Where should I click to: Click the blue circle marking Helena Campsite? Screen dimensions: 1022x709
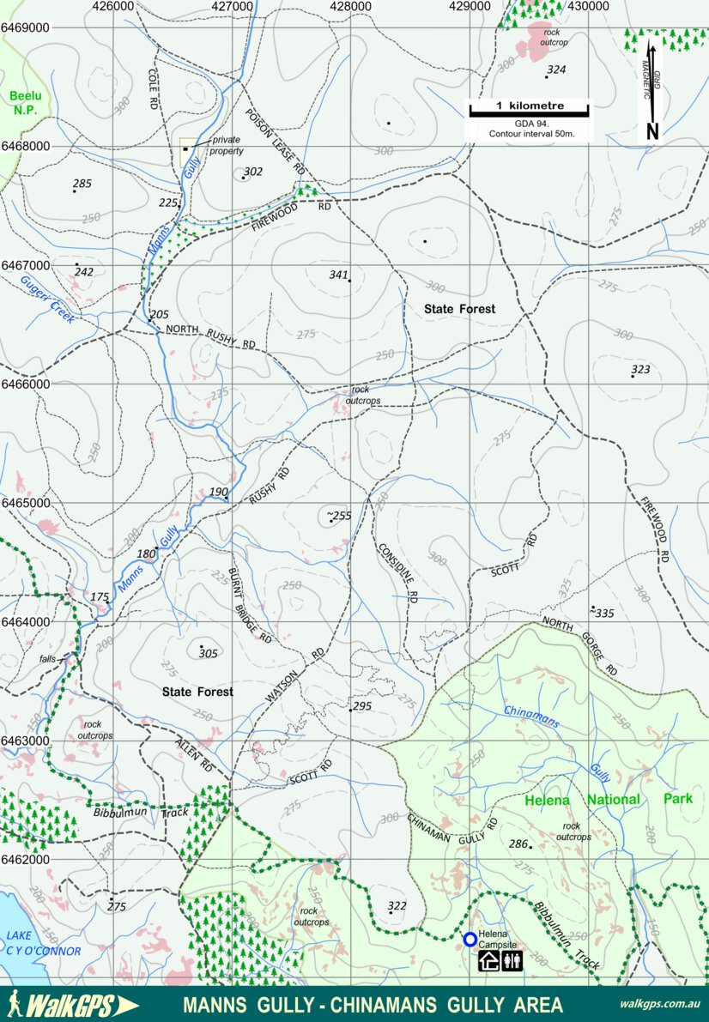click(x=470, y=940)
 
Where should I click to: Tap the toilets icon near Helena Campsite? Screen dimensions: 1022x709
click(x=512, y=960)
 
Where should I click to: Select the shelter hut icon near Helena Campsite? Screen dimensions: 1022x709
click(x=489, y=960)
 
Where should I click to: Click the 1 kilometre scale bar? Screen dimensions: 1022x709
click(x=529, y=109)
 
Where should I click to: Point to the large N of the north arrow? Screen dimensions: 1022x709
click(x=652, y=131)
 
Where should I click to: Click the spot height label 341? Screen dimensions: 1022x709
click(x=339, y=275)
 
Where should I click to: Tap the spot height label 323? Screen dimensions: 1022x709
click(x=640, y=370)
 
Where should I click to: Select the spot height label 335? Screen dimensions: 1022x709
click(x=604, y=614)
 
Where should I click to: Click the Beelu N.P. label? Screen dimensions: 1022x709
click(x=25, y=103)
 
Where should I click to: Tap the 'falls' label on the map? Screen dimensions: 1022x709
click(x=47, y=659)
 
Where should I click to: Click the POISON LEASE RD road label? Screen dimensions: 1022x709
click(x=275, y=142)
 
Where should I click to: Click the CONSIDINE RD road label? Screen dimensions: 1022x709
click(x=397, y=570)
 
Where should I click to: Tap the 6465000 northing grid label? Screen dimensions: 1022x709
click(x=25, y=503)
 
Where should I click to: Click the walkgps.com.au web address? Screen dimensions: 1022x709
click(x=659, y=1004)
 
